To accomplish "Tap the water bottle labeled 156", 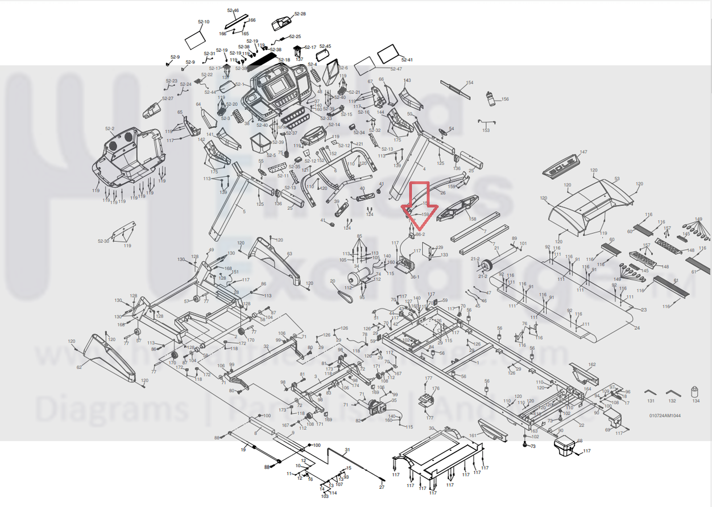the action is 491,99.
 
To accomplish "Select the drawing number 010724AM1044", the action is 665,415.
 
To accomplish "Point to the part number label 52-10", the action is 204,22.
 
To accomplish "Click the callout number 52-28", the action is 300,13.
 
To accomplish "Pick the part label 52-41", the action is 407,60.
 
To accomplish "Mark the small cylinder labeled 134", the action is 694,392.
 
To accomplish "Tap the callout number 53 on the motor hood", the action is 616,179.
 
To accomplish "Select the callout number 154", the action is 469,83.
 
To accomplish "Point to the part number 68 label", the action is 580,440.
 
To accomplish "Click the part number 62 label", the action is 79,367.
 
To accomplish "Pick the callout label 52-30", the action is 104,241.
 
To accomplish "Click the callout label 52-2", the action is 110,129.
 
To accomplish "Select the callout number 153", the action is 486,130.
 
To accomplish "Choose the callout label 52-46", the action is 233,10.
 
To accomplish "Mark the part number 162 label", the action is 592,364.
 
